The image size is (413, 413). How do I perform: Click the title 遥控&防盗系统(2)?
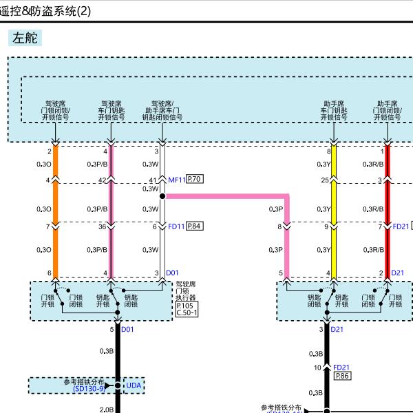pyautogui.click(x=45, y=10)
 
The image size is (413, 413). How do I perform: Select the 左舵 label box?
pyautogui.click(x=26, y=39)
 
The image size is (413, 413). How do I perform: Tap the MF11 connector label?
pyautogui.click(x=176, y=180)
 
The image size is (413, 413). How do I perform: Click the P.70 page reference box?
pyautogui.click(x=195, y=180)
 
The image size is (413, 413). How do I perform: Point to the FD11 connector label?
pyautogui.click(x=176, y=226)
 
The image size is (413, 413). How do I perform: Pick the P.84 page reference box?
pyautogui.click(x=195, y=225)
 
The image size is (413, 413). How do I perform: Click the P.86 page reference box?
pyautogui.click(x=342, y=376)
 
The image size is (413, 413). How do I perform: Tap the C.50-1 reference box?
pyautogui.click(x=187, y=313)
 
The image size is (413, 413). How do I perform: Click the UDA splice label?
pyautogui.click(x=134, y=385)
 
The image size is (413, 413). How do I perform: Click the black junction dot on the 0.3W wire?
pyautogui.click(x=162, y=196)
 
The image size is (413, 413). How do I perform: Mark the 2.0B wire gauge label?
pyautogui.click(x=107, y=410)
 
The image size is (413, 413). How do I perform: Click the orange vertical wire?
pyautogui.click(x=56, y=206)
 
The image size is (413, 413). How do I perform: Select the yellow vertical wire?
pyautogui.click(x=334, y=206)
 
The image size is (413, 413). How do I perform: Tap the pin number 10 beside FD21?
pyautogui.click(x=317, y=368)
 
